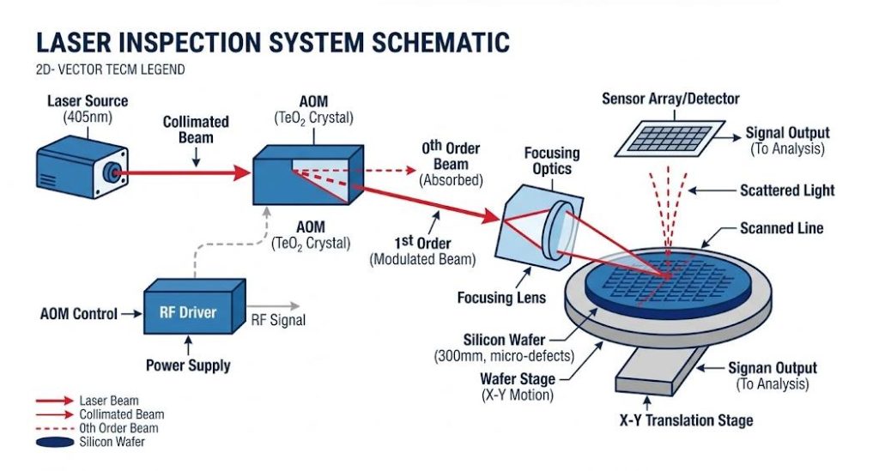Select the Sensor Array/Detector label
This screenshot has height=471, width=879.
[x=670, y=99]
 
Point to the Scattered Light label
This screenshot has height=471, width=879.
[x=786, y=190]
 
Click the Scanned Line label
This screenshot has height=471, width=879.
[x=781, y=229]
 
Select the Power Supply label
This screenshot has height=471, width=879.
[x=188, y=365]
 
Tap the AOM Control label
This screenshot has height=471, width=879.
[x=79, y=313]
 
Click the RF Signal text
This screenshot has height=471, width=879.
[x=277, y=322]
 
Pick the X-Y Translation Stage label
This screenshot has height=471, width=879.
[x=686, y=420]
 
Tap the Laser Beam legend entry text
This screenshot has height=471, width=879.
[x=108, y=401]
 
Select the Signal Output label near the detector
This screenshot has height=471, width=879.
[x=786, y=133]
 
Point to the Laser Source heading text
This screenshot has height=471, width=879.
[x=88, y=102]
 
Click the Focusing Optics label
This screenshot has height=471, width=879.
[x=551, y=160]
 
